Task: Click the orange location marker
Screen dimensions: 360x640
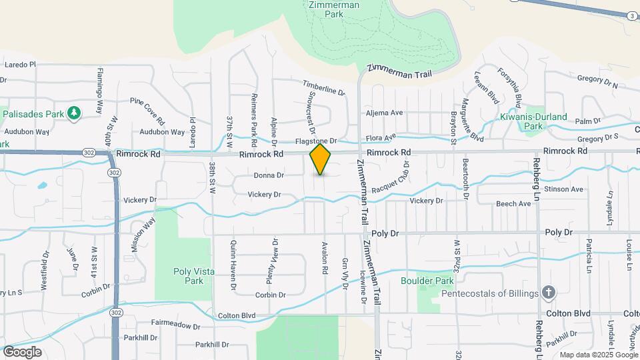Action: click(320, 159)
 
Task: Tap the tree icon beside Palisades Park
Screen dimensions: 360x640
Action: click(73, 113)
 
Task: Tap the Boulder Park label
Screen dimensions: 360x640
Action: click(437, 281)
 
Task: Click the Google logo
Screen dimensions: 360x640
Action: click(21, 351)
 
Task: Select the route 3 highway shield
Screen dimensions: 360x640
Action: click(631, 15)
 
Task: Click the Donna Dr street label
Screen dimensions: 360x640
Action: click(269, 175)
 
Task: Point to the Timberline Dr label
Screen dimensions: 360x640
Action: click(323, 87)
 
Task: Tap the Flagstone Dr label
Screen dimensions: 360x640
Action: click(316, 141)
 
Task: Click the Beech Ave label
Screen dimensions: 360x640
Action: click(517, 203)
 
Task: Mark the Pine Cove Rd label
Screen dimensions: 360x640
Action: click(147, 111)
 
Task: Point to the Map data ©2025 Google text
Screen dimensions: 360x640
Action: click(598, 355)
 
